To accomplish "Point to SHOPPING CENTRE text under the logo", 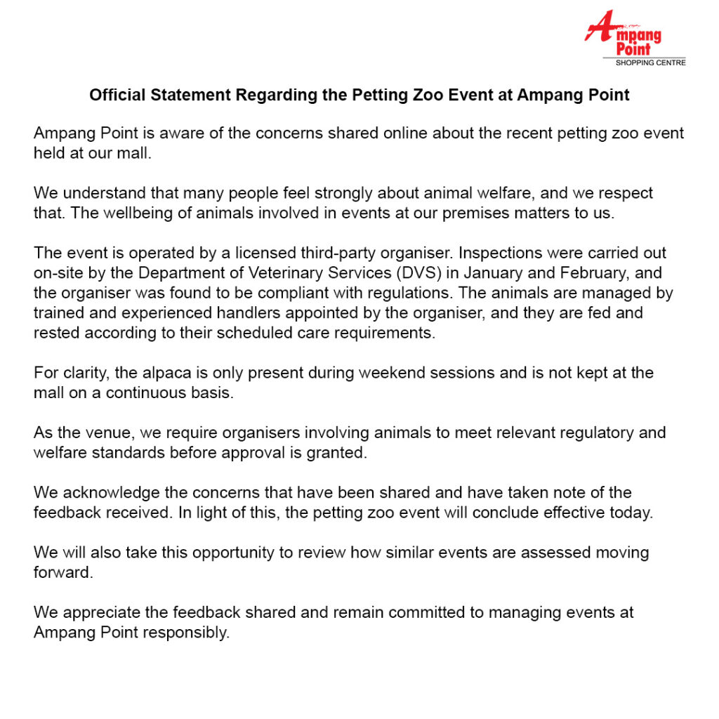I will coord(650,63).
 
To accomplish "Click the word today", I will coord(633,513).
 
